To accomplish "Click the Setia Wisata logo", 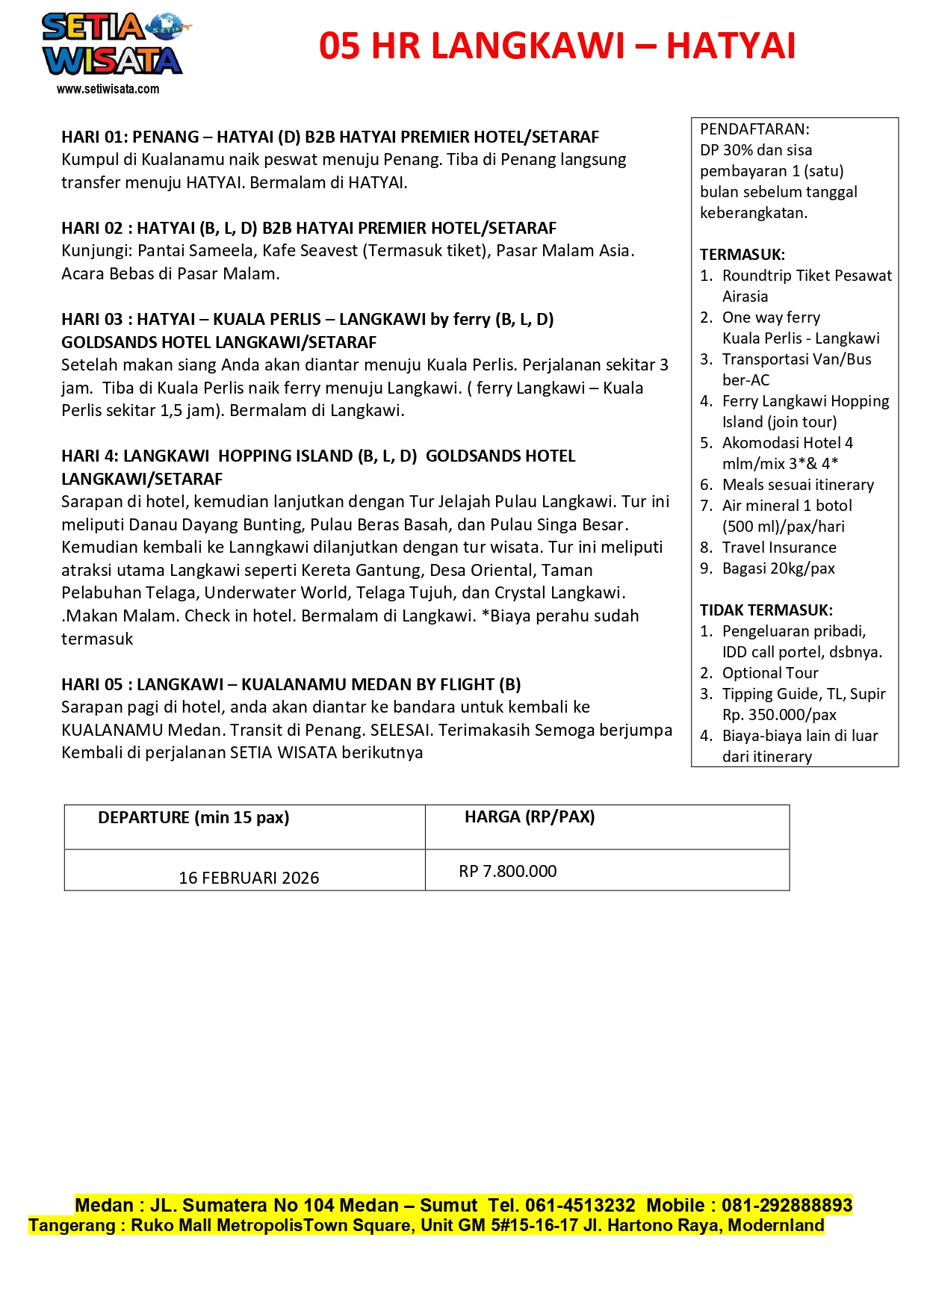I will (x=112, y=45).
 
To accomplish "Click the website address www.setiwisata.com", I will (x=108, y=89).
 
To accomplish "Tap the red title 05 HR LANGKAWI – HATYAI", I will (x=556, y=46).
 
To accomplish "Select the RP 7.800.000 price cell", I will (x=508, y=871).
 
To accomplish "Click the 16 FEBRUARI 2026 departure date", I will (x=249, y=878).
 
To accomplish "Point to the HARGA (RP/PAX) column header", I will (x=530, y=816).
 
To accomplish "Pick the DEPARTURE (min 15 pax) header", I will (x=193, y=817).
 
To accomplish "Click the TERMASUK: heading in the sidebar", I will (x=742, y=255).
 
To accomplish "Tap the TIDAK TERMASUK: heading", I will (x=766, y=610).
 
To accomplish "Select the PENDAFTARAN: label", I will (x=754, y=129).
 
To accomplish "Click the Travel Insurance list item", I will (x=779, y=548).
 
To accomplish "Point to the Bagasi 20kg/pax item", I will (x=778, y=568).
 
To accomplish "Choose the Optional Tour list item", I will (x=770, y=673).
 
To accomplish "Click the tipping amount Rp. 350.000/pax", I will (x=779, y=715).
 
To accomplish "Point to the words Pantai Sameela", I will (x=197, y=250).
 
